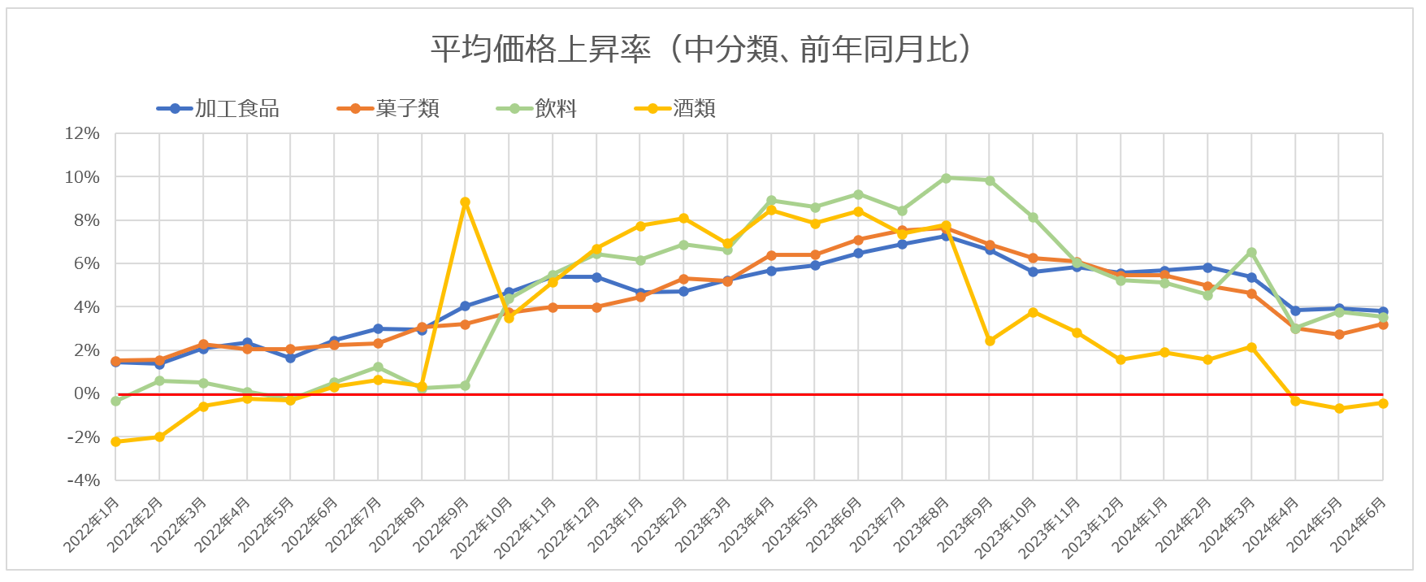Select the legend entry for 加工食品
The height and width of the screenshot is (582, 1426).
click(236, 109)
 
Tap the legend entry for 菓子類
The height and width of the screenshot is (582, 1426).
click(407, 109)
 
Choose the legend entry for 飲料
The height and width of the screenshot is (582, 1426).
click(556, 109)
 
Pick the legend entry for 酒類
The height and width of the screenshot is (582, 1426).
click(694, 109)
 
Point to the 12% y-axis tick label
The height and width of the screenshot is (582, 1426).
click(82, 133)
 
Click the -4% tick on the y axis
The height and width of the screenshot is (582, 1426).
click(84, 480)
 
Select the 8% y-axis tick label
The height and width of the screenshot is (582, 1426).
click(86, 220)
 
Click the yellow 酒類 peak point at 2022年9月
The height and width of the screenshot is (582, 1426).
click(465, 202)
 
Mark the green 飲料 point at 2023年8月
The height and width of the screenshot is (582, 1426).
click(946, 178)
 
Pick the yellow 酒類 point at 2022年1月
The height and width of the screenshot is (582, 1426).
click(115, 441)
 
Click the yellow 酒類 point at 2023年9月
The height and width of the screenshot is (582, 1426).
click(990, 341)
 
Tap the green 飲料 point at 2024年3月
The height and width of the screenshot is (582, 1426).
click(1251, 253)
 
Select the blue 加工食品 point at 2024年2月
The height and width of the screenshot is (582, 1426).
click(1207, 267)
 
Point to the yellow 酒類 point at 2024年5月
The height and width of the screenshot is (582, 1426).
click(1339, 408)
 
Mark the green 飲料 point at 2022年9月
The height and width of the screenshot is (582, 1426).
click(465, 385)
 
